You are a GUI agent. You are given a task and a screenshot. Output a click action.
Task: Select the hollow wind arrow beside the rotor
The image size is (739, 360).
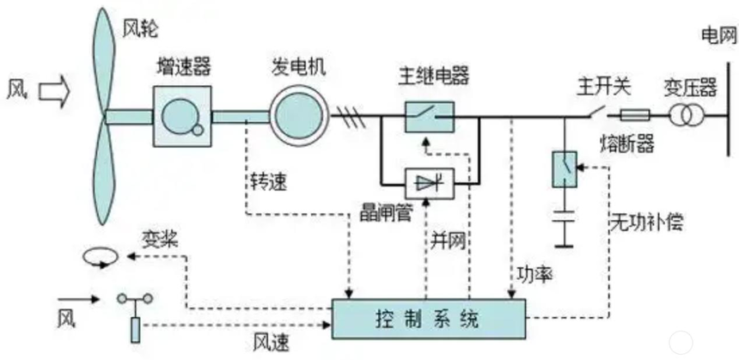pos(55,88)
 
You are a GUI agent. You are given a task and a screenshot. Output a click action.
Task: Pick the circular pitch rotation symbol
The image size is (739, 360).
pos(97,256)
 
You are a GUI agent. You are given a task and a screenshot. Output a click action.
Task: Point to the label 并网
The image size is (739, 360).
pos(448,241)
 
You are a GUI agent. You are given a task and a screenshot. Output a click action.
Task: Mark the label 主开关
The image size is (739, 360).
pos(603,85)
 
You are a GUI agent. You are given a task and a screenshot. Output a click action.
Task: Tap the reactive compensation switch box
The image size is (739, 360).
pos(564,168)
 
